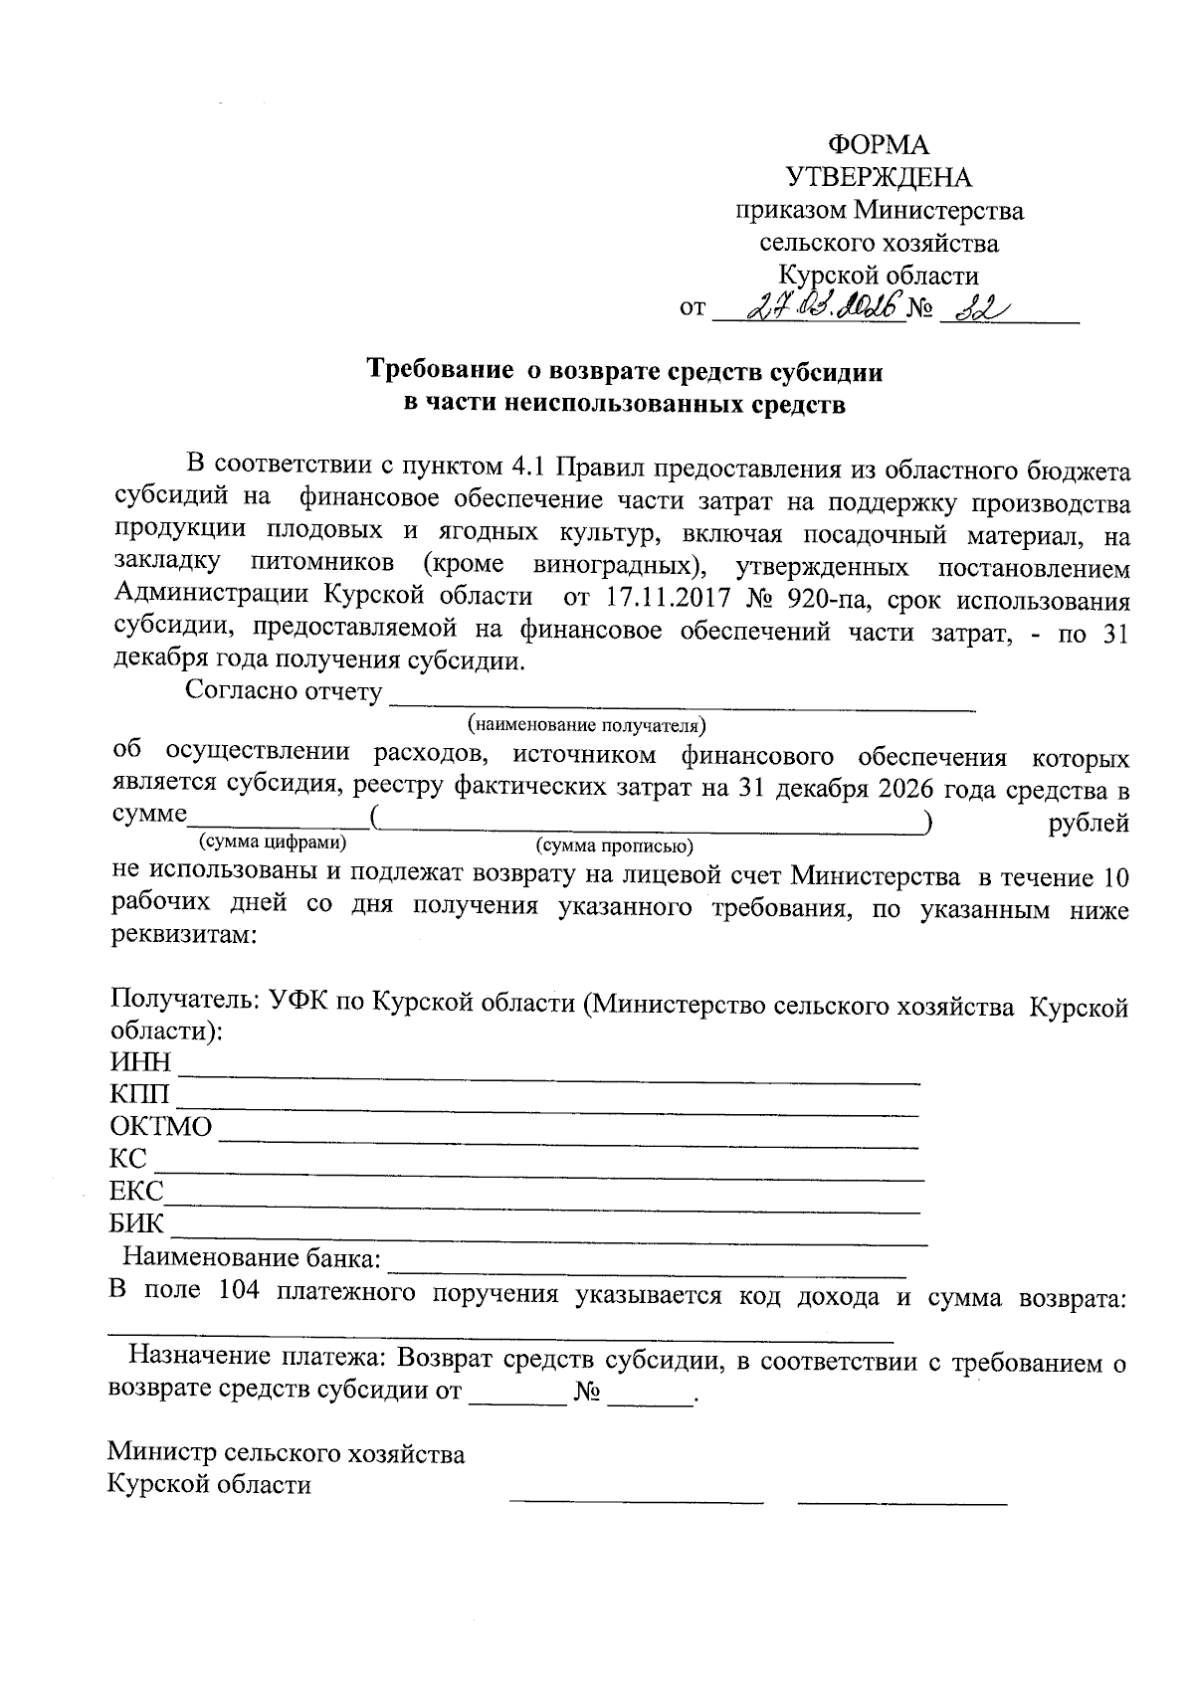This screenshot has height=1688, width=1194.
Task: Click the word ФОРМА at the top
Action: click(879, 145)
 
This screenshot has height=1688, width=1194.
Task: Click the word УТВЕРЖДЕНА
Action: click(879, 178)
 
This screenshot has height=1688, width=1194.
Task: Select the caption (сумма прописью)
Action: click(614, 845)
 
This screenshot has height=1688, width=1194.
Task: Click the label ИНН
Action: click(140, 1063)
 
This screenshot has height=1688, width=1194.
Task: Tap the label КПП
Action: click(140, 1095)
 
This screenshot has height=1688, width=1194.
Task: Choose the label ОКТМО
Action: click(161, 1127)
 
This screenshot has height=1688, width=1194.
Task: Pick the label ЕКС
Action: click(136, 1192)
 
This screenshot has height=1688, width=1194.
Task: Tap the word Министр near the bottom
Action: click(163, 1453)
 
